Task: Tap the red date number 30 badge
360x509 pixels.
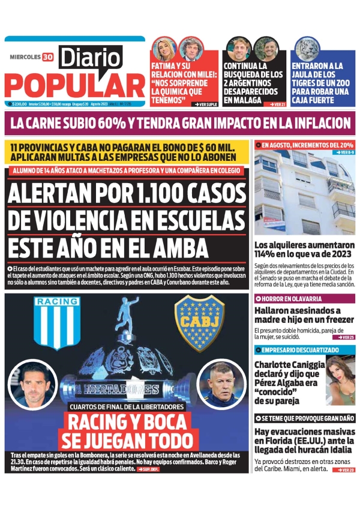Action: click(x=47, y=58)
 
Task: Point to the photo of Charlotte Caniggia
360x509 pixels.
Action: click(x=340, y=381)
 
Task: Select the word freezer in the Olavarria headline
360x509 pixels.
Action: click(x=331, y=321)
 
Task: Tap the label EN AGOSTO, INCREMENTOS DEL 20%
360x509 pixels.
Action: click(x=307, y=145)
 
